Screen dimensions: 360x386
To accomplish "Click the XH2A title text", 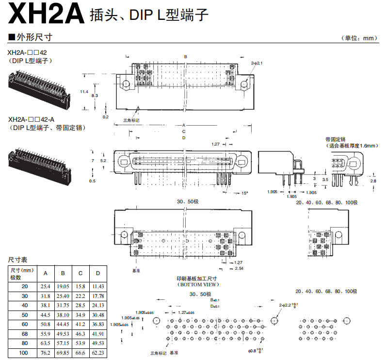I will [44, 14].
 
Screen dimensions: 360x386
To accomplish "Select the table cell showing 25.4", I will [46, 287].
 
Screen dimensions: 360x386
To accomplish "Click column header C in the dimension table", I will [80, 273].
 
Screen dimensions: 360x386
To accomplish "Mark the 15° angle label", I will [245, 193].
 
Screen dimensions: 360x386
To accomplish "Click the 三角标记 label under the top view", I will [131, 120].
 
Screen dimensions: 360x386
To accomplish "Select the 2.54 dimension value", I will [239, 268].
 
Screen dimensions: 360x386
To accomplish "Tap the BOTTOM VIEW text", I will [196, 285].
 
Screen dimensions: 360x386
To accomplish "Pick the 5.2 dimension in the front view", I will [103, 160].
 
